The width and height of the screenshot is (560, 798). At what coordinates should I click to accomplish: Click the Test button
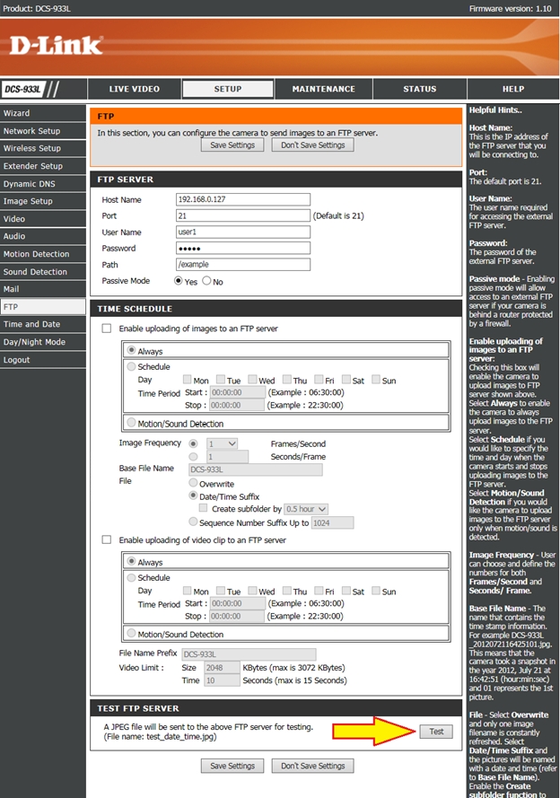[x=436, y=732]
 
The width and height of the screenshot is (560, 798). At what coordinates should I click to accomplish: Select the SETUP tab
[x=227, y=89]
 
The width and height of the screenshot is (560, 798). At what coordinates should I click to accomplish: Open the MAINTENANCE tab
[x=323, y=89]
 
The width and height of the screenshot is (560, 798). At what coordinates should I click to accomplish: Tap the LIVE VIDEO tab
[x=134, y=89]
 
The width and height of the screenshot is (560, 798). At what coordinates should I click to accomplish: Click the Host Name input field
[x=242, y=200]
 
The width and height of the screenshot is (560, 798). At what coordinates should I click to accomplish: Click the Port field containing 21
[x=242, y=216]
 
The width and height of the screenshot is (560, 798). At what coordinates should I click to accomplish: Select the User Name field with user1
[x=242, y=232]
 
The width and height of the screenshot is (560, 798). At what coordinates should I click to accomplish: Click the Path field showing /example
[x=242, y=265]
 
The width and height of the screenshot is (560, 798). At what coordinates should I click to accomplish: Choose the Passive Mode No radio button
[x=207, y=281]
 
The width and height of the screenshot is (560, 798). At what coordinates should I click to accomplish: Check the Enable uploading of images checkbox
[x=106, y=329]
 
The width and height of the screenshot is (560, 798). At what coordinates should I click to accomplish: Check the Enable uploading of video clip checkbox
[x=106, y=539]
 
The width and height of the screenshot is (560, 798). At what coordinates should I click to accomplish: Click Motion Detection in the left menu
[x=36, y=254]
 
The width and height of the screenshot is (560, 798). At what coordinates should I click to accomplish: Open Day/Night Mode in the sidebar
[x=34, y=342]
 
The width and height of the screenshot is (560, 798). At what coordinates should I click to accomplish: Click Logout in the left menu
[x=16, y=360]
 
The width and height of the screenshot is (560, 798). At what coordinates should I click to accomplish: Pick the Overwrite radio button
[x=192, y=482]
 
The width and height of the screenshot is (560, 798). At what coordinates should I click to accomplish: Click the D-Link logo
[x=56, y=45]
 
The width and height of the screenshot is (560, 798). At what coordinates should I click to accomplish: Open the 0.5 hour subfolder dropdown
[x=305, y=508]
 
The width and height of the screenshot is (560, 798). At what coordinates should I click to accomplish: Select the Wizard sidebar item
[x=16, y=113]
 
